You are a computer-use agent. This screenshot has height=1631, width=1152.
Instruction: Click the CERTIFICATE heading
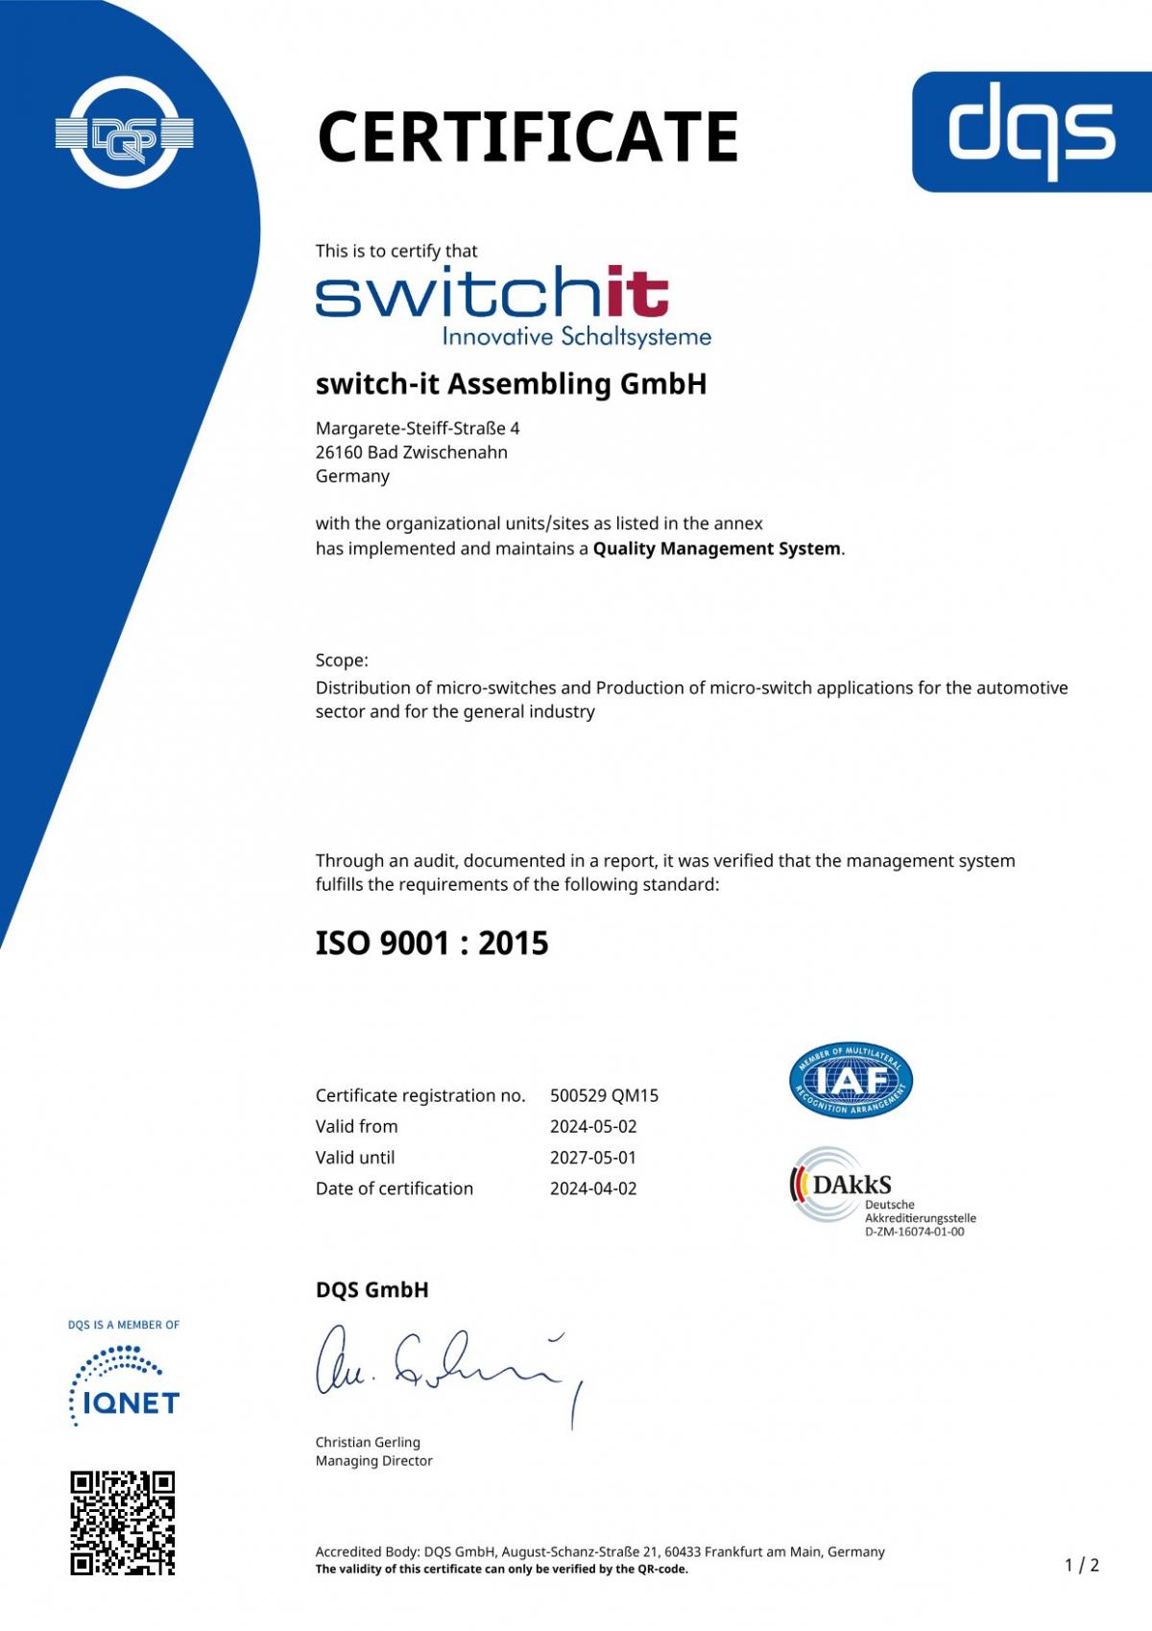(x=527, y=136)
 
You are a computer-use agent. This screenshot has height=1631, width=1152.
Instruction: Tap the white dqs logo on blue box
(x=1031, y=131)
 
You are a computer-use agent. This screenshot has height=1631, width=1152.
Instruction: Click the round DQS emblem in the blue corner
(x=125, y=132)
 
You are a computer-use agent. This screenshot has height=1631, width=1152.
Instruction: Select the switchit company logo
(x=512, y=305)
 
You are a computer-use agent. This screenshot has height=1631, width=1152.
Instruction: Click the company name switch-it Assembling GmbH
(x=511, y=384)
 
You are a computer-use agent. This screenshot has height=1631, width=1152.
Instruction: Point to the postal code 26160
(x=338, y=452)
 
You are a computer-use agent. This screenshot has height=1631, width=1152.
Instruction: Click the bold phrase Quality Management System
(x=716, y=549)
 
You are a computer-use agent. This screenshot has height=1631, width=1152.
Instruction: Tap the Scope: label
(x=342, y=660)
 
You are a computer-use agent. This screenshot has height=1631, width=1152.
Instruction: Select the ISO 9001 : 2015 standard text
(x=432, y=943)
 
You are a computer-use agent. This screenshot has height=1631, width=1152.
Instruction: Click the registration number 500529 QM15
(x=604, y=1095)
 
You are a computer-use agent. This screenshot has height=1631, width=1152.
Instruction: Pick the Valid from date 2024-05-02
(x=592, y=1126)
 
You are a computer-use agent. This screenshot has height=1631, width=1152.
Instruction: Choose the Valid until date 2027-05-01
(x=592, y=1158)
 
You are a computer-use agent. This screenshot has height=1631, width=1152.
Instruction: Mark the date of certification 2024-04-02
(x=592, y=1188)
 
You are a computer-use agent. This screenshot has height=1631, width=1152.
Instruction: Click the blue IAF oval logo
(x=851, y=1081)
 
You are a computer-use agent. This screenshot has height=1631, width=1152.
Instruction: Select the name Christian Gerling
(x=368, y=1442)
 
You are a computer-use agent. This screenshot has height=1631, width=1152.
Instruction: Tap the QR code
(x=122, y=1523)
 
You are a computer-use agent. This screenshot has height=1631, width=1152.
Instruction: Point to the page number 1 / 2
(x=1082, y=1566)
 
